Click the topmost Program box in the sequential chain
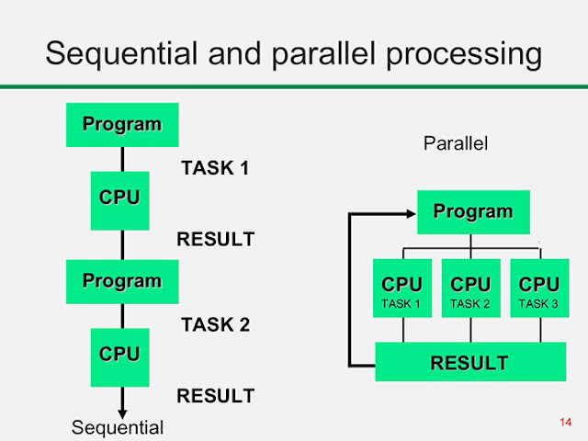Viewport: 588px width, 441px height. (x=122, y=125)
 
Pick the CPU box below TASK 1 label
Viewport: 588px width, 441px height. (x=120, y=200)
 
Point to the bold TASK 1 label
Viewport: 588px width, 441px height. (x=215, y=167)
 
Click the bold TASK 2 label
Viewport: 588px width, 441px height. (x=216, y=324)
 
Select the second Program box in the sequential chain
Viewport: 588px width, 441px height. (x=122, y=282)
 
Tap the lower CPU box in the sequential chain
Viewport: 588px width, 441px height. (x=120, y=357)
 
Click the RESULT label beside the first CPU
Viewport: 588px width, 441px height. (x=216, y=239)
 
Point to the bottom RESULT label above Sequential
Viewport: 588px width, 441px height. (x=216, y=396)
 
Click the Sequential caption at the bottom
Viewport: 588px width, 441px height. (x=118, y=428)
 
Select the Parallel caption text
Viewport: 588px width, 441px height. (x=456, y=143)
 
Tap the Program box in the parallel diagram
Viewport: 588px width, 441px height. (x=474, y=212)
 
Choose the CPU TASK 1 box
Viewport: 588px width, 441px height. (x=402, y=288)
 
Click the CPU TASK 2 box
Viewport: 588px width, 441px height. (x=471, y=288)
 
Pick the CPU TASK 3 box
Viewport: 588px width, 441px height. (x=539, y=288)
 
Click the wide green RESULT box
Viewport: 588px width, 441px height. (x=470, y=361)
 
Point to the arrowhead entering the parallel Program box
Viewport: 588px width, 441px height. (x=412, y=214)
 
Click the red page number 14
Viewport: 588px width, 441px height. (x=566, y=423)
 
